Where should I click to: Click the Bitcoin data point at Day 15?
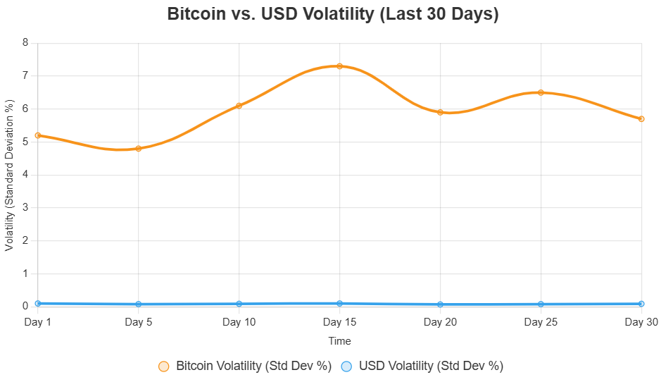click(x=339, y=66)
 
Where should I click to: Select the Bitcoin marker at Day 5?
click(x=138, y=149)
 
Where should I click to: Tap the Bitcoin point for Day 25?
click(x=541, y=92)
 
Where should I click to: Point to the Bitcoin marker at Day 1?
click(x=38, y=135)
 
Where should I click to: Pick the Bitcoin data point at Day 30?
click(x=641, y=119)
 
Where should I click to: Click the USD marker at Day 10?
click(x=239, y=304)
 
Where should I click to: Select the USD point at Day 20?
click(x=440, y=304)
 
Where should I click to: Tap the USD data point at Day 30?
click(x=641, y=304)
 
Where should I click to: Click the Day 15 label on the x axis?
click(x=339, y=322)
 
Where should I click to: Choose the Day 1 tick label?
click(x=38, y=322)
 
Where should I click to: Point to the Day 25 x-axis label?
click(x=541, y=322)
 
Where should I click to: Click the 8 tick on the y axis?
click(x=25, y=42)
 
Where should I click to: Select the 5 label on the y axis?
click(x=25, y=142)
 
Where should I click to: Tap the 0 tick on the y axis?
click(x=25, y=307)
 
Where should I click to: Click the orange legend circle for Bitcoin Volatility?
click(x=164, y=366)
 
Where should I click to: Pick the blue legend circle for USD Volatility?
click(x=346, y=366)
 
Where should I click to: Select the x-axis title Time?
click(x=339, y=341)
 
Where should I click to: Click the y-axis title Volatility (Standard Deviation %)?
click(x=10, y=175)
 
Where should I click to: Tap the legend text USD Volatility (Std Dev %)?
click(x=431, y=366)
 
